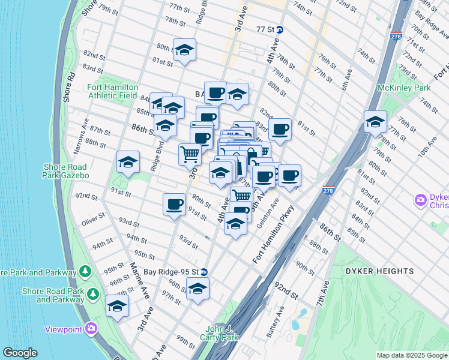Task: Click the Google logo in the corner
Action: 20,353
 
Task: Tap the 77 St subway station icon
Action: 280,29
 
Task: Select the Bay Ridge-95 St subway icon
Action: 204,271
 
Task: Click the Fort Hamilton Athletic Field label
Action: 113,91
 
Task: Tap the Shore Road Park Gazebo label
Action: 65,171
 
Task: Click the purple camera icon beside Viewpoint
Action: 91,328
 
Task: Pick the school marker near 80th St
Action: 185,50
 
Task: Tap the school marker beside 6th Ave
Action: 375,122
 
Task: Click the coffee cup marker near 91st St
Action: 174,204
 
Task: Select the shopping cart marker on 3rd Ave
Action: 190,154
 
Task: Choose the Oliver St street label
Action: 94,222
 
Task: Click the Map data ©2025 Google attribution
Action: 411,355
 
